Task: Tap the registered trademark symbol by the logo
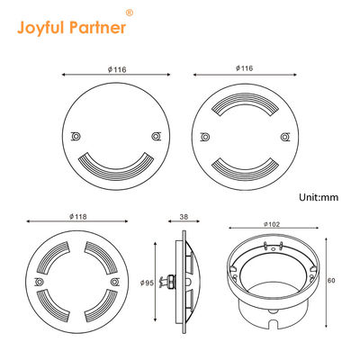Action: click(129, 13)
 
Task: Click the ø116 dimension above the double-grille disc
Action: click(242, 67)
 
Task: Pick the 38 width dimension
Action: click(183, 218)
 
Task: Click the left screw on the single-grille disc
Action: click(76, 136)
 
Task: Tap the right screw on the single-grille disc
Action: click(156, 136)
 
